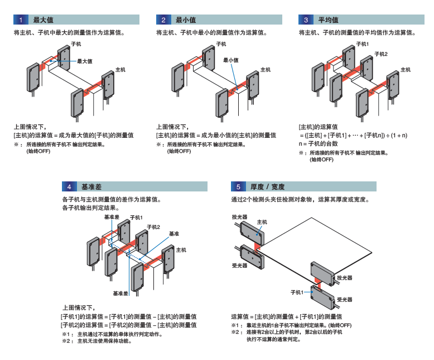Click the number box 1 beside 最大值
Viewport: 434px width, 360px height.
[x=21, y=20]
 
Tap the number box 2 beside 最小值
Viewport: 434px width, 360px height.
[x=163, y=20]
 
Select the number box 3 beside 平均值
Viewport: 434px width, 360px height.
[x=306, y=20]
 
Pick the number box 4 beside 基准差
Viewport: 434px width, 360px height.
[x=69, y=186]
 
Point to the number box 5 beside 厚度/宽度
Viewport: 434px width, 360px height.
[x=238, y=186]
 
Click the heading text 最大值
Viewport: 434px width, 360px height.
[x=44, y=20]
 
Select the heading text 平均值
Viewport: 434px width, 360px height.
[x=329, y=20]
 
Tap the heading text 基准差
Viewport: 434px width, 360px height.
[x=91, y=186]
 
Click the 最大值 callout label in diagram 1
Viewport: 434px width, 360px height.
[x=85, y=61]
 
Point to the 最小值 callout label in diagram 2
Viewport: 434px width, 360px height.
[x=231, y=60]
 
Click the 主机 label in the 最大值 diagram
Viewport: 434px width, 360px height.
[x=120, y=70]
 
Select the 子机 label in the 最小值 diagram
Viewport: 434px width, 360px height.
[x=221, y=44]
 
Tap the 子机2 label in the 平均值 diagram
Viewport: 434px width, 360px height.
[x=380, y=54]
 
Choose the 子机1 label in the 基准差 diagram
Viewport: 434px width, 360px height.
[x=136, y=217]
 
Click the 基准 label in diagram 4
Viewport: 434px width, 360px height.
[x=174, y=233]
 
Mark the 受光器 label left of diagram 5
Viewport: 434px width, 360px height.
[x=239, y=266]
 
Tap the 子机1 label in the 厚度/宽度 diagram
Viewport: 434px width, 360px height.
[x=297, y=292]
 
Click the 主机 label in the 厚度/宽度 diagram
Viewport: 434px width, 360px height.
[x=262, y=222]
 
